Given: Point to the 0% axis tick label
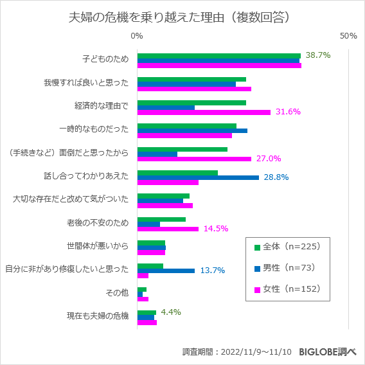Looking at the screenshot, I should click(x=137, y=36).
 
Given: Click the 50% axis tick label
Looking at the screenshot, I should click(x=348, y=36).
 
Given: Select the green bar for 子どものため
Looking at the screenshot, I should click(x=218, y=56).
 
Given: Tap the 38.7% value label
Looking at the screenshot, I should click(x=317, y=55).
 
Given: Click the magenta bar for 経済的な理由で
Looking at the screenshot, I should click(x=204, y=112).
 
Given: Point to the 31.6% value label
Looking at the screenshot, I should click(x=288, y=112).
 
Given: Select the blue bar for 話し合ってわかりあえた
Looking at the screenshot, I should click(x=198, y=177).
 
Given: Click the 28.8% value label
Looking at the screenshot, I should click(x=276, y=177).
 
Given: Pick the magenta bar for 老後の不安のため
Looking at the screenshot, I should click(x=168, y=229).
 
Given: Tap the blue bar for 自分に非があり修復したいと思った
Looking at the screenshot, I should click(x=166, y=271).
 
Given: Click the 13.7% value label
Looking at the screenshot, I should click(x=212, y=271).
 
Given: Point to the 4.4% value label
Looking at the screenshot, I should click(x=170, y=312).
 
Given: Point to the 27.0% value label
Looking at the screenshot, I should click(x=269, y=159).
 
